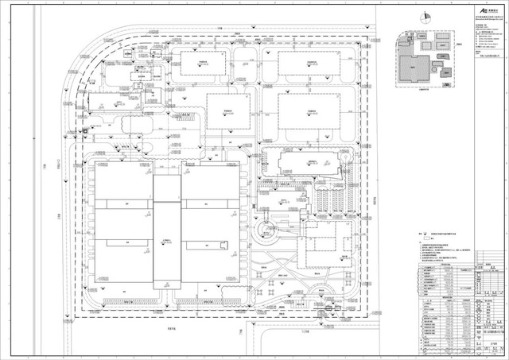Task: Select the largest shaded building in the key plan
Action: coord(412,72)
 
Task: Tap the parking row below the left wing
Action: coord(124,301)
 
